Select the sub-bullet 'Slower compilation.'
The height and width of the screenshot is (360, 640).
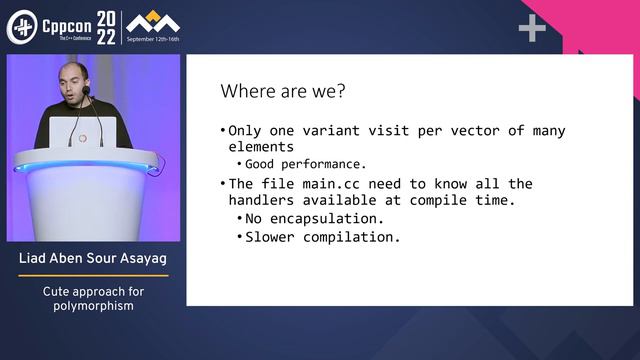coord(322,237)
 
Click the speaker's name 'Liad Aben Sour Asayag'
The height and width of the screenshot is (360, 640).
coord(92,261)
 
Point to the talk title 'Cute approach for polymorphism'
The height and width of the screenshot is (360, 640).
coord(92,299)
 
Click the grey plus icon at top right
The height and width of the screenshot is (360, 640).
coord(532,29)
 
